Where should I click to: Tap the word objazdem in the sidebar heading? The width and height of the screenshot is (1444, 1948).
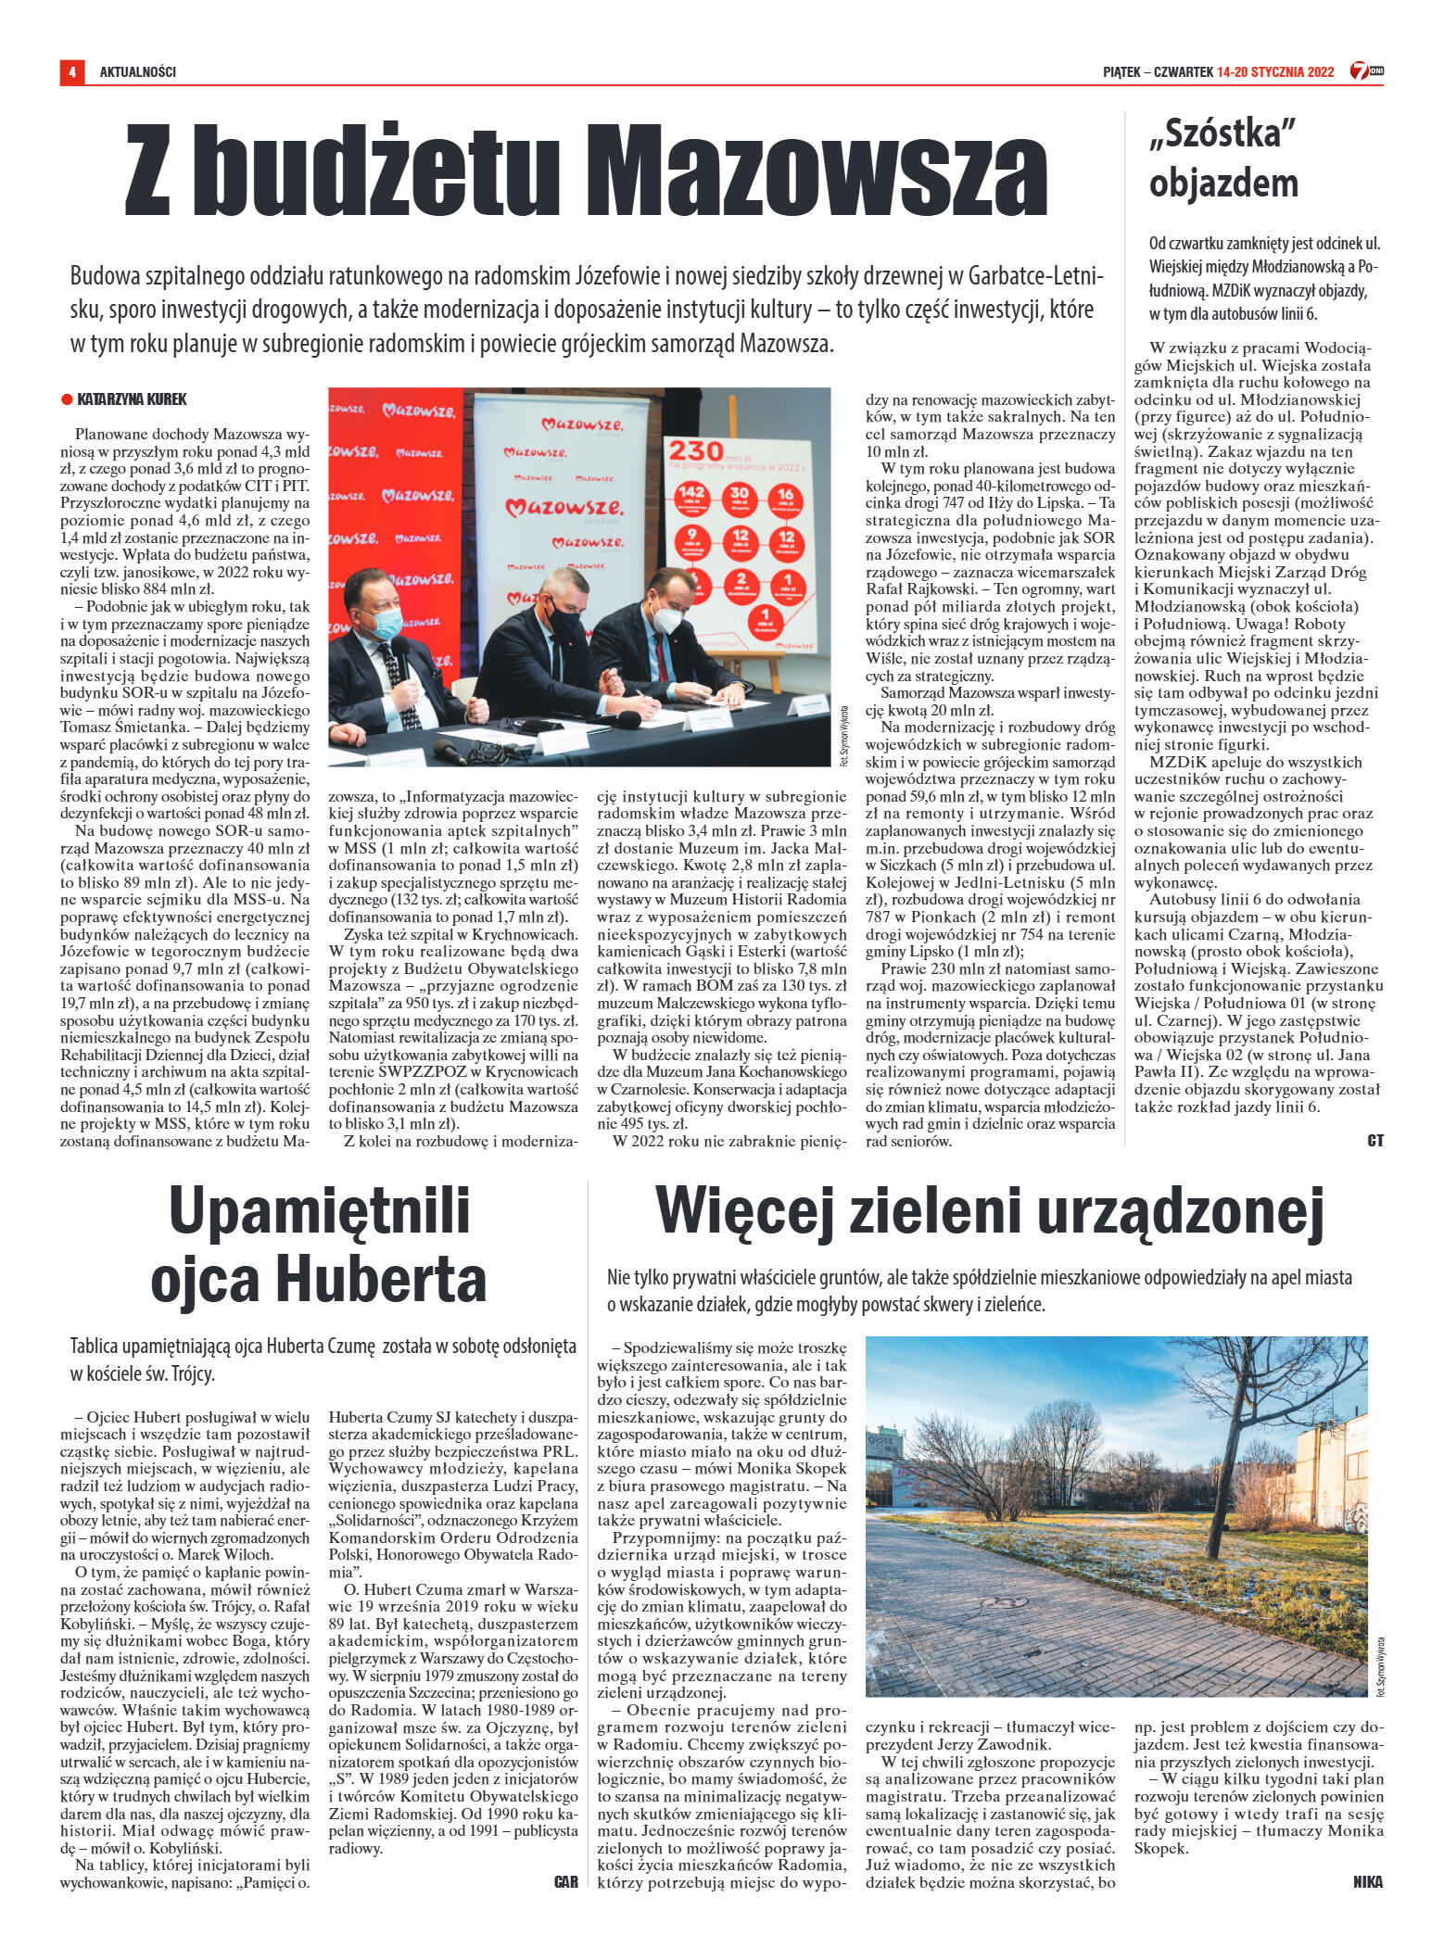coord(1222,183)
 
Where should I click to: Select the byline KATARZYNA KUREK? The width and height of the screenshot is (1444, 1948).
coord(132,399)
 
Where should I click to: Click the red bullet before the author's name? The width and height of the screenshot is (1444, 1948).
coord(67,399)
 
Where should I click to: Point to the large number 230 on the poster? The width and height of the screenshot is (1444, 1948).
coord(696,450)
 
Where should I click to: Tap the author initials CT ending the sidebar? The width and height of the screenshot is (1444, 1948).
coord(1374,1141)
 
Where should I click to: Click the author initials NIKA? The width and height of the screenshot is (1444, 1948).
coord(1367,1881)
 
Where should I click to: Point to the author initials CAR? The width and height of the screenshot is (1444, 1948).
coord(565,1881)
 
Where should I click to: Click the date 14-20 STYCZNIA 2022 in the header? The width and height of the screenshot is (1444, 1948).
coord(1275,72)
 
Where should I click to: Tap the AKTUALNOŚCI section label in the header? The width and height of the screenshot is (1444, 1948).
coord(138,72)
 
